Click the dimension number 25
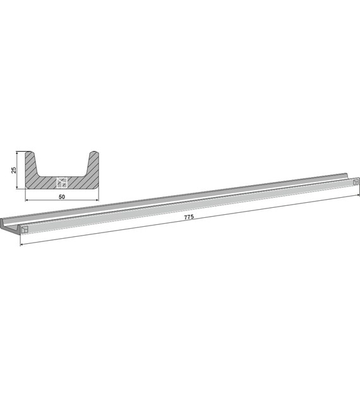point(14,170)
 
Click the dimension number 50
point(62,196)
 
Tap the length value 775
point(189,217)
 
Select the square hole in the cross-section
point(62,183)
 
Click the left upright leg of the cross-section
point(31,165)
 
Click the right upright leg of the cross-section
point(93,165)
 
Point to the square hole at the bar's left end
point(25,229)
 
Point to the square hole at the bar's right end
point(356,182)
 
